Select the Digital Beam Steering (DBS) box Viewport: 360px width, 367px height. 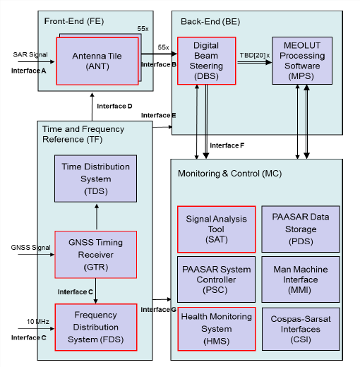tap(205, 61)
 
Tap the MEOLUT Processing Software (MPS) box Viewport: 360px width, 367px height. tap(302, 61)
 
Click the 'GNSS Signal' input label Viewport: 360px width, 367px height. tap(30, 248)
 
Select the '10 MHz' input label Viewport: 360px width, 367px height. tap(28, 322)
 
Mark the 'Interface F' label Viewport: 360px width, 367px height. tap(227, 145)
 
